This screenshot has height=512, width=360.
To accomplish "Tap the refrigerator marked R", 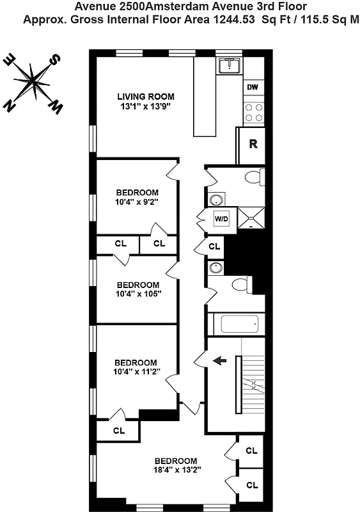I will (253, 143).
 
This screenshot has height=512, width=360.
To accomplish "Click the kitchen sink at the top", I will (228, 65).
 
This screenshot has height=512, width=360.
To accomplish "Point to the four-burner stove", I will (254, 113).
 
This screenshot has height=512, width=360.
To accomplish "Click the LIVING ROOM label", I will (145, 97).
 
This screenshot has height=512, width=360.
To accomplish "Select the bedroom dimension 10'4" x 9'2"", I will (137, 202).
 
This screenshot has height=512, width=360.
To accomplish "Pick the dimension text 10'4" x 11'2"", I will (136, 371).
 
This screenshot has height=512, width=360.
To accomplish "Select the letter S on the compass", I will (56, 60).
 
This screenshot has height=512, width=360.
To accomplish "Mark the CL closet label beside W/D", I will (214, 246).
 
